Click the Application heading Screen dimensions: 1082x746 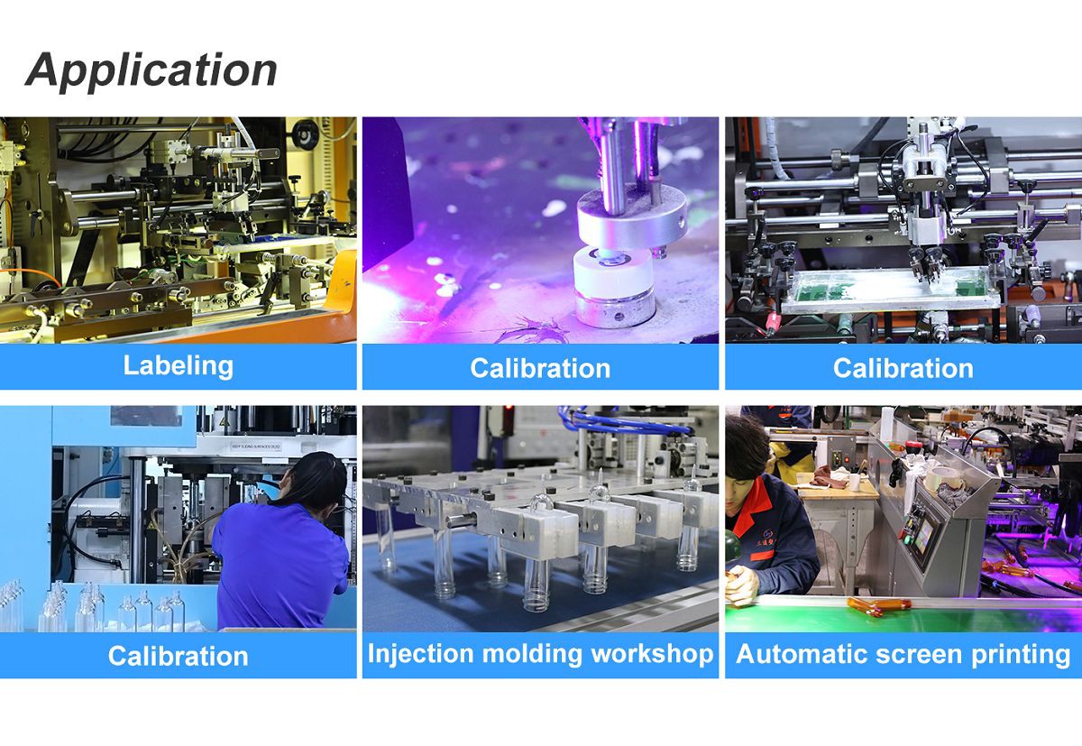pyautogui.click(x=151, y=71)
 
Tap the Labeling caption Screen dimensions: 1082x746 pyautogui.click(x=179, y=365)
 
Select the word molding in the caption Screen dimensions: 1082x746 pyautogui.click(x=532, y=654)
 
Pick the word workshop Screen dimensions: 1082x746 pyautogui.click(x=653, y=654)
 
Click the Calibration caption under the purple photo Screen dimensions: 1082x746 pyautogui.click(x=540, y=368)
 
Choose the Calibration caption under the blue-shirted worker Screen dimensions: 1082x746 pyautogui.click(x=178, y=656)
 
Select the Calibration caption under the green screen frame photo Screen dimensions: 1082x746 pyautogui.click(x=903, y=368)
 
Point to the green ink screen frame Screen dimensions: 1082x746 pyautogui.click(x=889, y=289)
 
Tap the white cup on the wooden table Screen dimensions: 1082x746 pyautogui.click(x=855, y=481)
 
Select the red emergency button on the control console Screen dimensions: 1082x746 pyautogui.click(x=912, y=446)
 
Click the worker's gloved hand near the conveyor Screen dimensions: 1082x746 pyautogui.click(x=741, y=585)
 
